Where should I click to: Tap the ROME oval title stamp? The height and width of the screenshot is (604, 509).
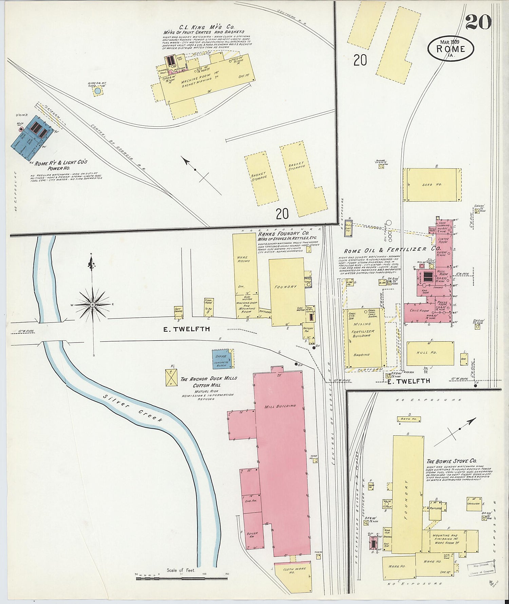click(451, 49)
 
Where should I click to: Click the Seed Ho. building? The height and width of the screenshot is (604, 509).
click(432, 185)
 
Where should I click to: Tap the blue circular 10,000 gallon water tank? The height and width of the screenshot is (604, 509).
click(98, 91)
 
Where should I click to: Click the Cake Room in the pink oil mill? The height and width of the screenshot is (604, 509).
click(419, 311)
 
